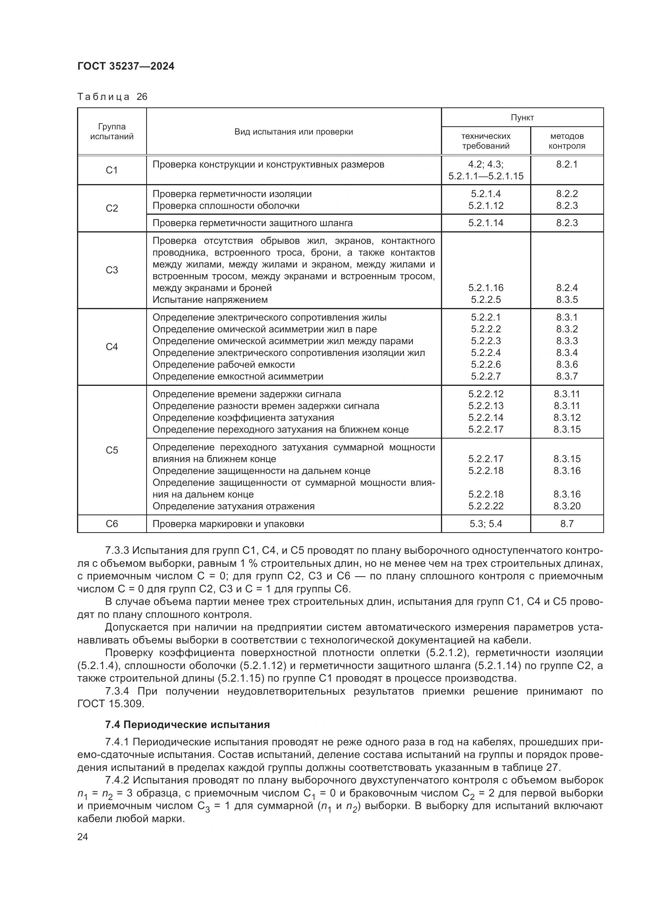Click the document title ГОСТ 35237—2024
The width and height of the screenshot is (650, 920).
[x=126, y=66]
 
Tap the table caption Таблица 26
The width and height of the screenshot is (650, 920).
[x=112, y=97]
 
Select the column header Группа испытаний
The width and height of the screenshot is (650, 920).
[x=112, y=131]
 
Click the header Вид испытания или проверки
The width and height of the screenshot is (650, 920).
[x=294, y=132]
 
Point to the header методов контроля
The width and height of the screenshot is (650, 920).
[x=567, y=141]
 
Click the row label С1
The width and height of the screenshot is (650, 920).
[x=112, y=170]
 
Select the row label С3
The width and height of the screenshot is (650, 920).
[x=112, y=270]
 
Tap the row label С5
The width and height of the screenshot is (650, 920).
[x=112, y=450]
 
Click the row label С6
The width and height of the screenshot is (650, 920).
[x=112, y=524]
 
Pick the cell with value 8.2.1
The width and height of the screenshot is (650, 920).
[x=567, y=164]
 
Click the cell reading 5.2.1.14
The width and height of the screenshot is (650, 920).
[x=485, y=223]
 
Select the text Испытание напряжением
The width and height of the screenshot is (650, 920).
[x=210, y=300]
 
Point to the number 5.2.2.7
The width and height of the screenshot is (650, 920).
[x=485, y=376]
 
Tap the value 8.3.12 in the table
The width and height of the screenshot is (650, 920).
[x=567, y=418]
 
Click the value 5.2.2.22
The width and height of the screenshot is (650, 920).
[x=485, y=506]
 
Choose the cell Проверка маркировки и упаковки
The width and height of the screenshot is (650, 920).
[x=228, y=524]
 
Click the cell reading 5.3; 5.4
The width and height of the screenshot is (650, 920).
[x=485, y=524]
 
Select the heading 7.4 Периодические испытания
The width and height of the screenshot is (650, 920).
[x=187, y=725]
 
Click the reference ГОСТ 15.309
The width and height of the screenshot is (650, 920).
[x=110, y=704]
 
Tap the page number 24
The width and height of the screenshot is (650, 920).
[x=83, y=837]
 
